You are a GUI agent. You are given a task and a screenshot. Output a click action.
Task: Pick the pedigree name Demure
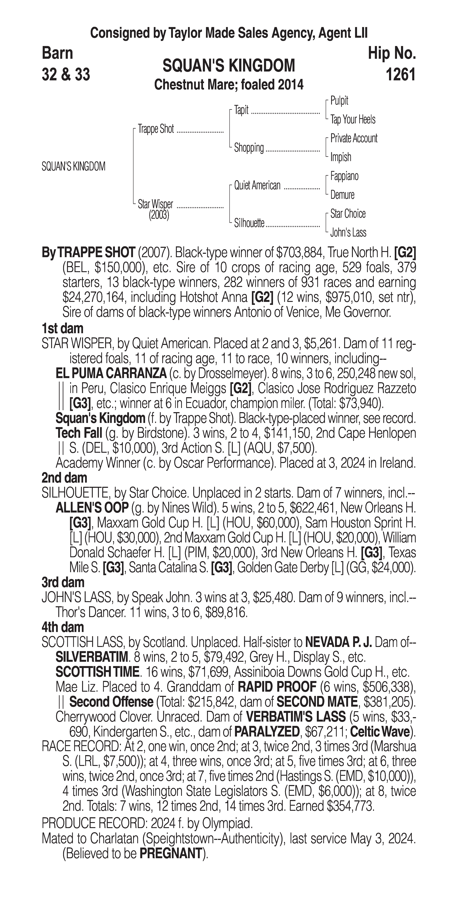pos(342,195)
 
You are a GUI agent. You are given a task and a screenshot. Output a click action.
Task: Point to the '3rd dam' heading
pos(63,582)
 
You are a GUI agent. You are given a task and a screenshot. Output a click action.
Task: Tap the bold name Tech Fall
pos(78,433)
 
